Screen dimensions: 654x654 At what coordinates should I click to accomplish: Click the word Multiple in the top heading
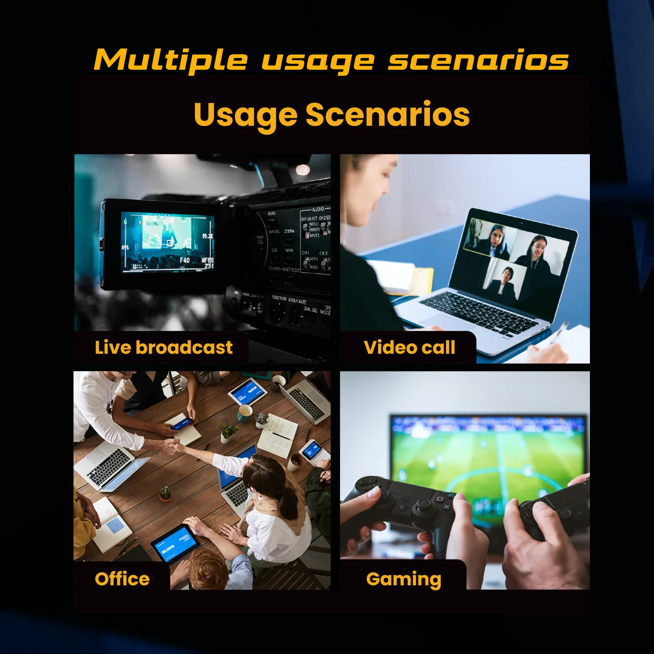pyautogui.click(x=170, y=60)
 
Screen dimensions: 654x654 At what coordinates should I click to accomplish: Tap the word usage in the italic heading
pyautogui.click(x=317, y=61)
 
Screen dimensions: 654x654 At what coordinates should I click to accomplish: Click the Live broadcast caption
pyautogui.click(x=163, y=347)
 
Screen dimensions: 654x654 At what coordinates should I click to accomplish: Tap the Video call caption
pyautogui.click(x=409, y=347)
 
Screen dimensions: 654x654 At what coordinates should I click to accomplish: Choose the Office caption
pyautogui.click(x=122, y=579)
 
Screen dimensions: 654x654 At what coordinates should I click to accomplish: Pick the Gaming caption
pyautogui.click(x=404, y=579)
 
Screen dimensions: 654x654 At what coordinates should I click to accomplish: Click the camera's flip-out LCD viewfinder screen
pyautogui.click(x=168, y=242)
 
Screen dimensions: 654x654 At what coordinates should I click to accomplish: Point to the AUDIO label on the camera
pyautogui.click(x=318, y=209)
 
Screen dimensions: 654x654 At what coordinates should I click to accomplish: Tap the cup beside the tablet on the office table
pyautogui.click(x=245, y=412)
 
